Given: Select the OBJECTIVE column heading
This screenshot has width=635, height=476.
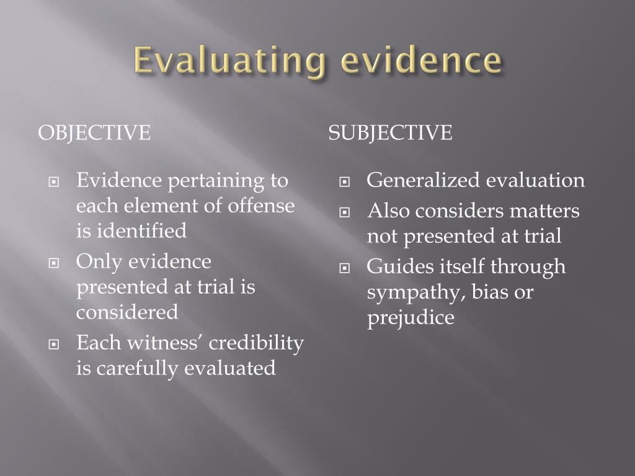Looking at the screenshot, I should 94,133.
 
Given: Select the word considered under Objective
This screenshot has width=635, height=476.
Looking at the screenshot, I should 127,312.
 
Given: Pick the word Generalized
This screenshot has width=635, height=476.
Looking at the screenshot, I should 423,180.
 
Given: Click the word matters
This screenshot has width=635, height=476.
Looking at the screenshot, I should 546,211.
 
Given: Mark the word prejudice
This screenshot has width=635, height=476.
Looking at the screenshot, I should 411,317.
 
